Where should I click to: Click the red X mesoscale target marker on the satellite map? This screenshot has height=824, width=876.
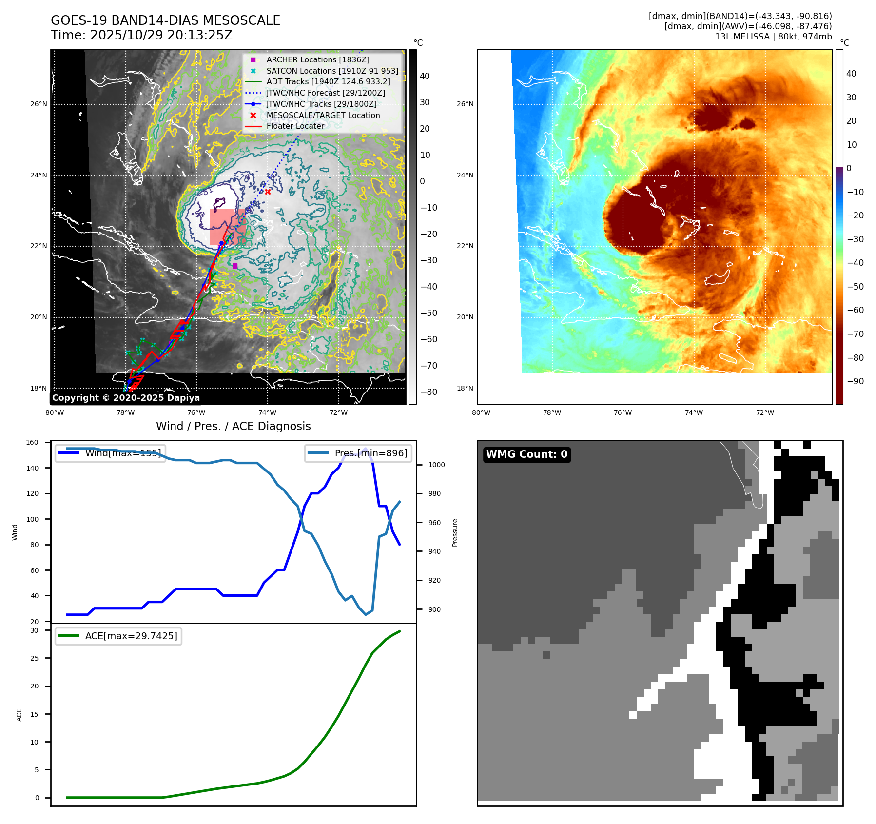pyautogui.click(x=268, y=192)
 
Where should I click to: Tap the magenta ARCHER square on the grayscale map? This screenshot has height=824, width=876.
pyautogui.click(x=235, y=266)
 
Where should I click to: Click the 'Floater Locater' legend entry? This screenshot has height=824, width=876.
pyautogui.click(x=295, y=126)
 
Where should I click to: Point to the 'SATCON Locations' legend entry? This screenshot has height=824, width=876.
pyautogui.click(x=332, y=71)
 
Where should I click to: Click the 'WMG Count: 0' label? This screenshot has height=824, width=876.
pyautogui.click(x=526, y=454)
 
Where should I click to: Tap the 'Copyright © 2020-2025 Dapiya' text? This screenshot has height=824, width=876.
pyautogui.click(x=126, y=398)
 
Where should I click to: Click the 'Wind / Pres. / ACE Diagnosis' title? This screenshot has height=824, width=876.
pyautogui.click(x=233, y=426)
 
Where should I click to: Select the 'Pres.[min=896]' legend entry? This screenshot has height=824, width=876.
pyautogui.click(x=370, y=453)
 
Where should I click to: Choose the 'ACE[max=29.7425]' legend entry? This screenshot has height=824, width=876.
pyautogui.click(x=131, y=636)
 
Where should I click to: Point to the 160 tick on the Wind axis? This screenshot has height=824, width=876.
pyautogui.click(x=32, y=442)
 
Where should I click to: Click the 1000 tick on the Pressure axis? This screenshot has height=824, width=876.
pyautogui.click(x=436, y=465)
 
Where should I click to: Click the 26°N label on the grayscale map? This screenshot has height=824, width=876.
pyautogui.click(x=39, y=104)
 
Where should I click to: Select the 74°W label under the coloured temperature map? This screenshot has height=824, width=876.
pyautogui.click(x=694, y=412)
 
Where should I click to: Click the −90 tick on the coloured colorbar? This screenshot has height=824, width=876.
pyautogui.click(x=855, y=381)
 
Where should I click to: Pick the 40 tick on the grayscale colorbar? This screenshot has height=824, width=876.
pyautogui.click(x=425, y=76)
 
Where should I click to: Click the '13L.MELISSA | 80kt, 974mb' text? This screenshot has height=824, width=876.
pyautogui.click(x=773, y=37)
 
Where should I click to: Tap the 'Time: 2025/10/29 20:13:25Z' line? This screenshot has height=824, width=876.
pyautogui.click(x=141, y=36)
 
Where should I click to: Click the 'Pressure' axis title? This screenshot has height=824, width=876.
pyautogui.click(x=455, y=532)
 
